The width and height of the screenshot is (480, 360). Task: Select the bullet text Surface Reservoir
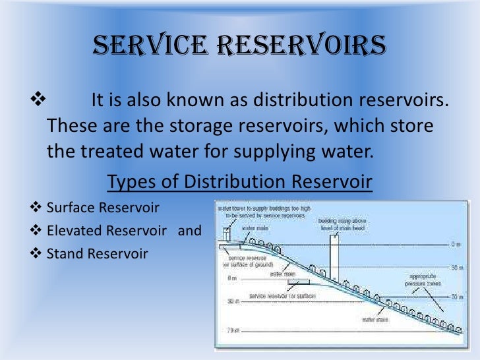[104, 208]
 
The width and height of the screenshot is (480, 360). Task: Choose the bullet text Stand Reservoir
[98, 253]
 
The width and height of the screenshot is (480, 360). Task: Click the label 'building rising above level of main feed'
[343, 225]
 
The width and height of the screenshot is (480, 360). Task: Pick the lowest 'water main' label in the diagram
[376, 318]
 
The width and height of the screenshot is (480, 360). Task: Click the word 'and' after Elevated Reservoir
[190, 231]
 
